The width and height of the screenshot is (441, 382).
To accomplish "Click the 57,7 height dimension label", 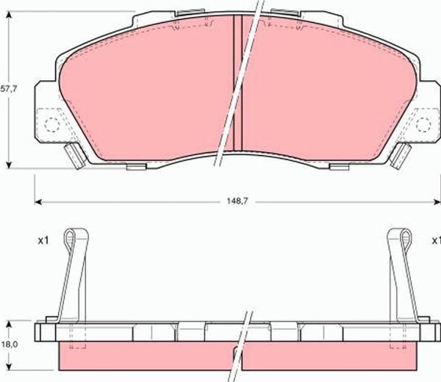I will [8, 88].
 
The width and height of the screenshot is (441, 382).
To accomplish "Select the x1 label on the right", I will [436, 239].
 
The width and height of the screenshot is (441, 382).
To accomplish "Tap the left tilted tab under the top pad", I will [73, 156].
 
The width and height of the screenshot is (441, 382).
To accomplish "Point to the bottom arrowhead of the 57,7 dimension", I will [8, 165].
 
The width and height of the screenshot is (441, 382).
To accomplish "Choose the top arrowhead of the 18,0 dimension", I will [8, 323].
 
